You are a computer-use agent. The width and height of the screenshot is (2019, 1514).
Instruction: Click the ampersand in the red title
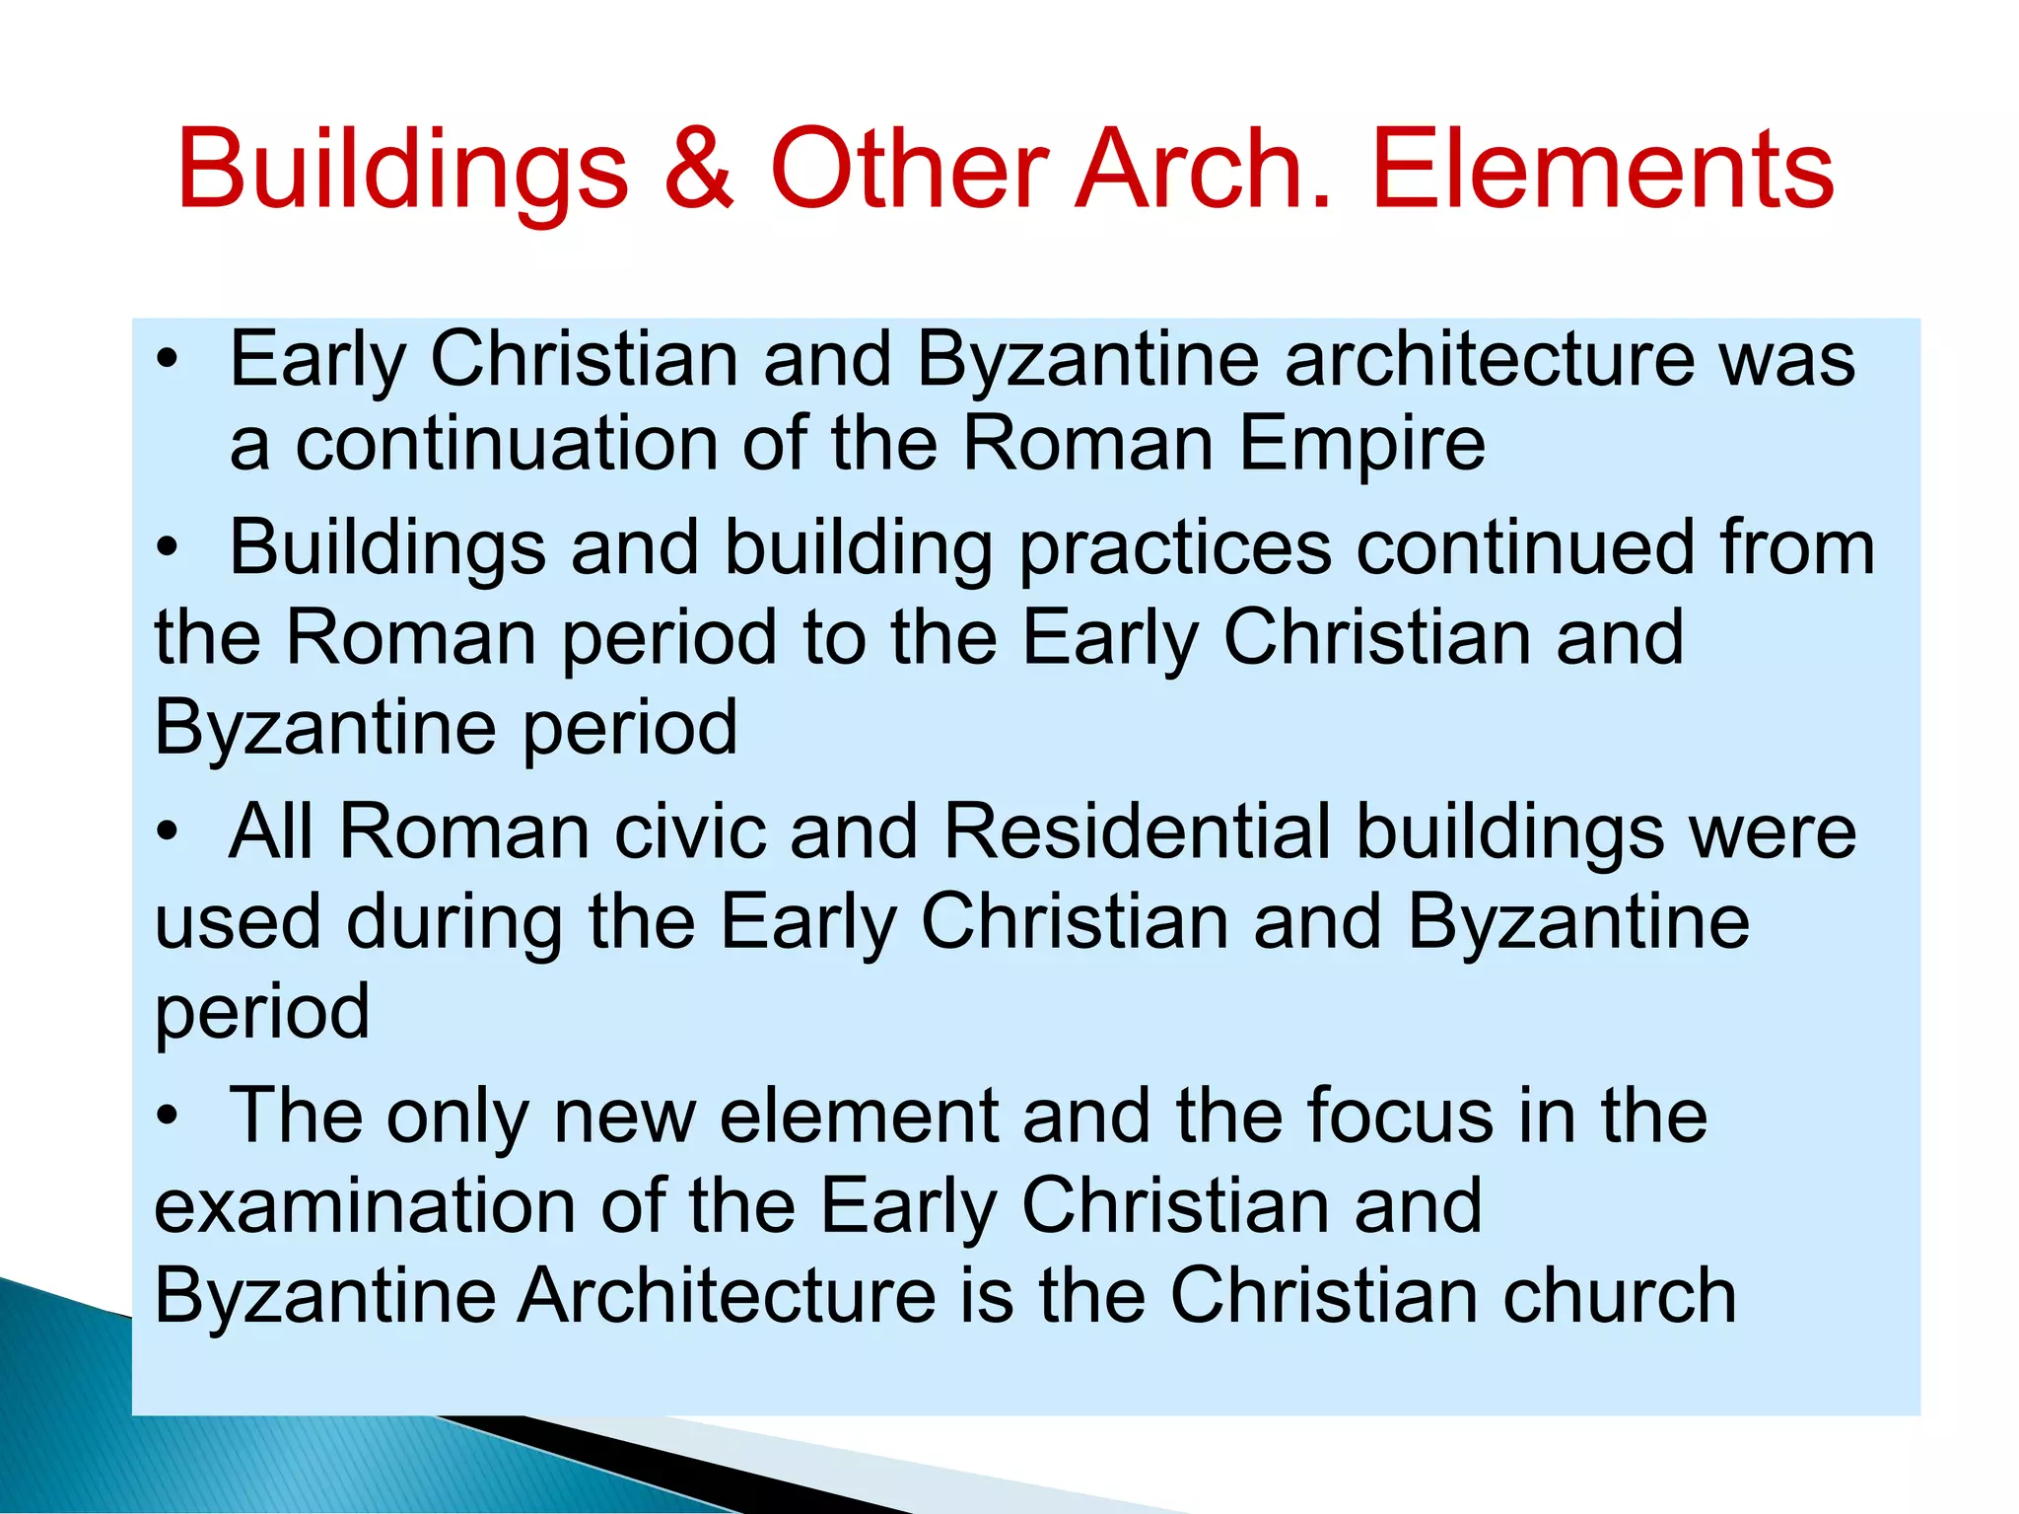(698, 170)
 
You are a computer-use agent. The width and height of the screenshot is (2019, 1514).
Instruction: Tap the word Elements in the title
(1602, 170)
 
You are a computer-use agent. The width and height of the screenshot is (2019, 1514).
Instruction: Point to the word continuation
(507, 444)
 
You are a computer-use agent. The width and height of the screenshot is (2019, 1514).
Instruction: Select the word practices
(1175, 549)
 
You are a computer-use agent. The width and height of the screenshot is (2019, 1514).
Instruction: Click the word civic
(690, 830)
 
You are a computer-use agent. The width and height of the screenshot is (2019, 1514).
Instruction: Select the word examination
(365, 1205)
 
